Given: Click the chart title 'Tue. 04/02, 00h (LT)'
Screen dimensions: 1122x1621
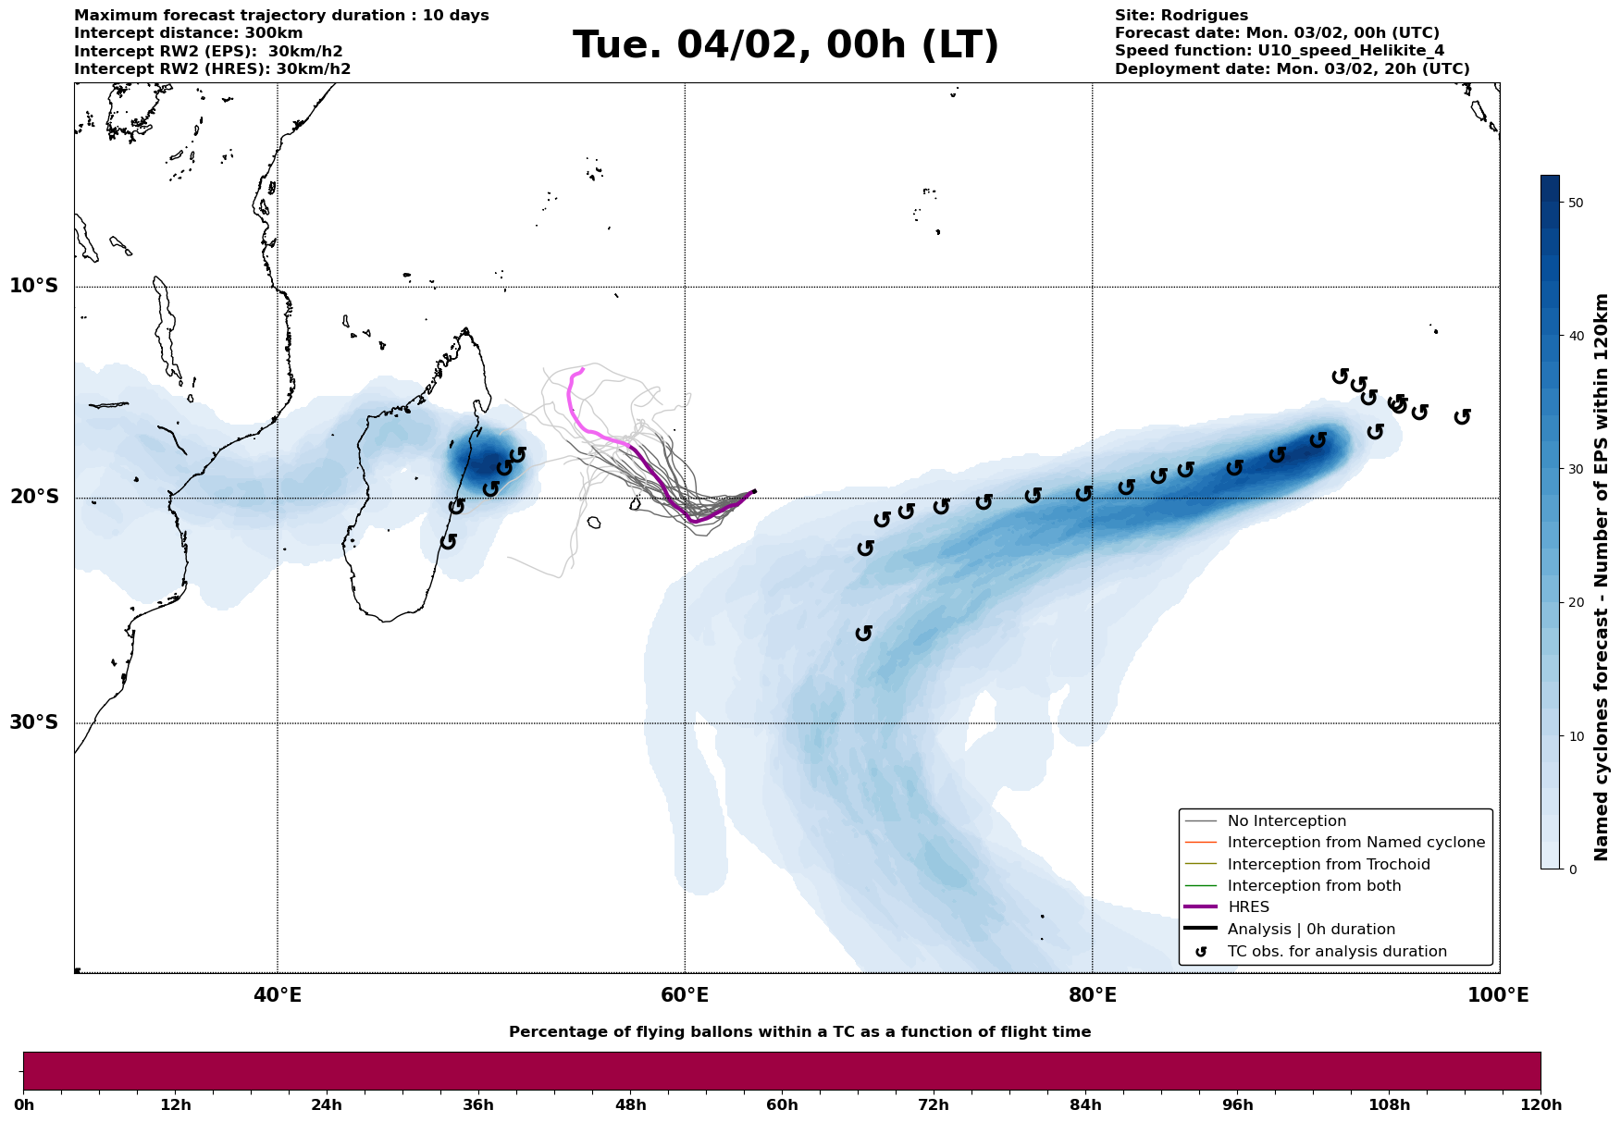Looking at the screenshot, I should click(786, 45).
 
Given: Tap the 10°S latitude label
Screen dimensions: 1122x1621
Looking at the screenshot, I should click(34, 286).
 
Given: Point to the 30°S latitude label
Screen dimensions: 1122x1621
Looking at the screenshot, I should click(34, 722).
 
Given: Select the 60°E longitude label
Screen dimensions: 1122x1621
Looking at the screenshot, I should click(685, 995).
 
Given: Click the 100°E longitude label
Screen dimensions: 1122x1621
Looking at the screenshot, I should click(1498, 995).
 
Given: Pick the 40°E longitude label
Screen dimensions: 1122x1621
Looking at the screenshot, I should click(278, 995).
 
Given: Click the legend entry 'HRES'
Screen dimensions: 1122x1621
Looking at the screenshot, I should click(1248, 907).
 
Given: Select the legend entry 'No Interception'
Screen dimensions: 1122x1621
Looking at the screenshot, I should click(1286, 821).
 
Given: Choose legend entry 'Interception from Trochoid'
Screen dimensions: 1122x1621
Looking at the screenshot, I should click(1328, 865).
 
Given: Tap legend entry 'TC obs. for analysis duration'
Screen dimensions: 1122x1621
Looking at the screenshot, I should click(1336, 952).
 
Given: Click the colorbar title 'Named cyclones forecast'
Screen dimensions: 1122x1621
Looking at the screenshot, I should click(1602, 577).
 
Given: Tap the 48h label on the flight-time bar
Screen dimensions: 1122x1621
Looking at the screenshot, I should click(630, 1105).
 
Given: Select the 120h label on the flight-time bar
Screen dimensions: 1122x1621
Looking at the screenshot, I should click(1540, 1105).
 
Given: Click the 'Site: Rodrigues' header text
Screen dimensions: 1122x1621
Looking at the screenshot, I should click(1181, 16).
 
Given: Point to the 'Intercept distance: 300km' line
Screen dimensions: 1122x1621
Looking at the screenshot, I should click(188, 33).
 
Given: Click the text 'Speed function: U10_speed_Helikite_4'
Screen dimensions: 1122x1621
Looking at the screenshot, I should click(1279, 51).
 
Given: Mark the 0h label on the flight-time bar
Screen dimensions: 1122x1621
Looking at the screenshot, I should click(24, 1105).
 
